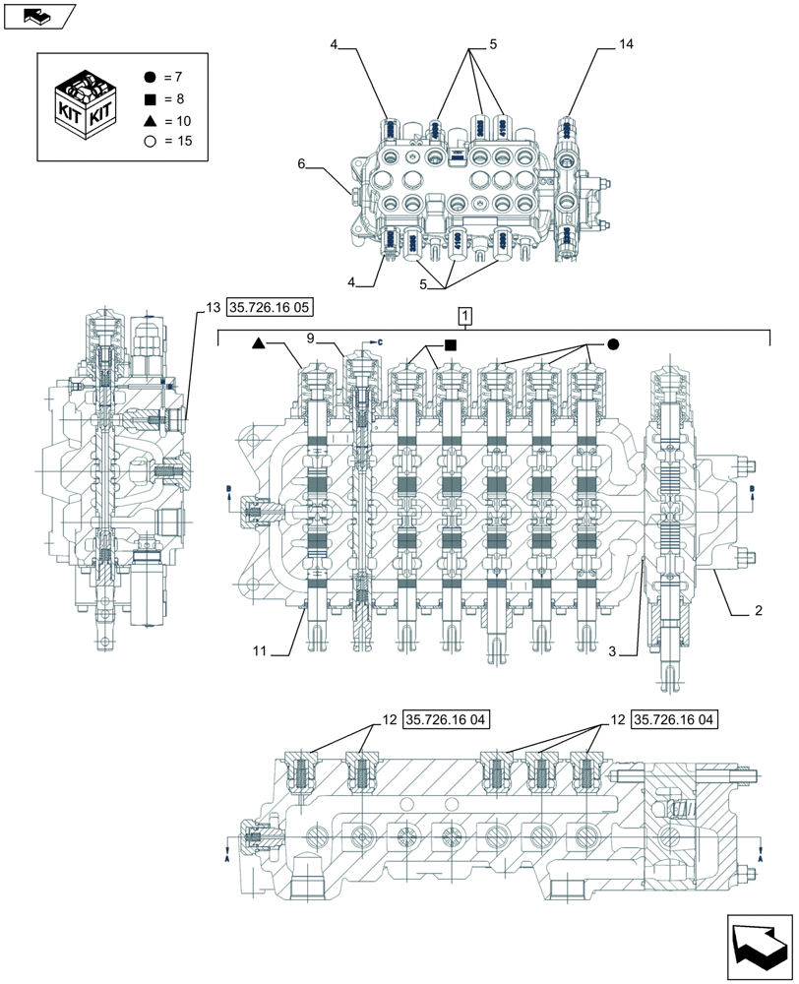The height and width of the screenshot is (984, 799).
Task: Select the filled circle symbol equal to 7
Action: pyautogui.click(x=150, y=78)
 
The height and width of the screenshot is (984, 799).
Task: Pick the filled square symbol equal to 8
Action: pyautogui.click(x=150, y=99)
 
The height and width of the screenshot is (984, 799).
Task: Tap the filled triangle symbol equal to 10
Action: pyautogui.click(x=150, y=120)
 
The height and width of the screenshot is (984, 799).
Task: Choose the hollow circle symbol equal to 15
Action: pyautogui.click(x=150, y=142)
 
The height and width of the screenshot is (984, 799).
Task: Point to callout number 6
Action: pyautogui.click(x=302, y=165)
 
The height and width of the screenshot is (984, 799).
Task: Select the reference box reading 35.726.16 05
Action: pyautogui.click(x=270, y=308)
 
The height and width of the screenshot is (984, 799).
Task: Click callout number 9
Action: pyautogui.click(x=309, y=338)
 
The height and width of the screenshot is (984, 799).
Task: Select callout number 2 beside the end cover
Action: pyautogui.click(x=758, y=611)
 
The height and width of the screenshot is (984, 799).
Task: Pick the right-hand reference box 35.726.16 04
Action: pyautogui.click(x=675, y=720)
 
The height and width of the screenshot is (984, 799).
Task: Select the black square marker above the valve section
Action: pyautogui.click(x=450, y=344)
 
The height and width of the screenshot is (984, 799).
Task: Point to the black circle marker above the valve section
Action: pyautogui.click(x=612, y=344)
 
